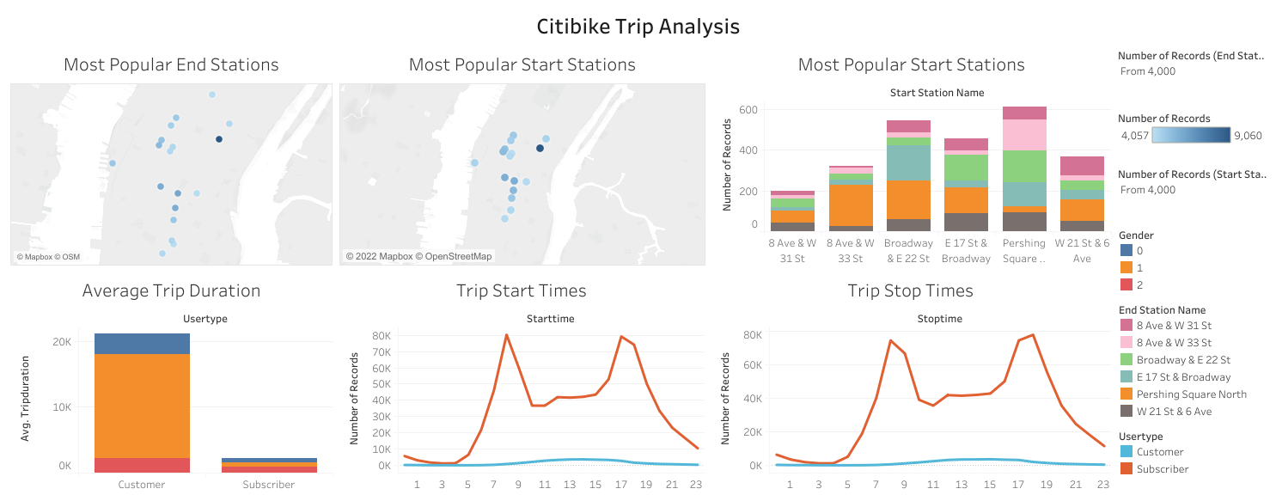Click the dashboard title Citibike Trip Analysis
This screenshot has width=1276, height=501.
(638, 27)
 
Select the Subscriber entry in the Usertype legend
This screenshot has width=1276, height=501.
(1163, 469)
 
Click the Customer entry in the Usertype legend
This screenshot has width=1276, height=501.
(1159, 452)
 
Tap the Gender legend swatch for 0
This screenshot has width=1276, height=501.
(1126, 251)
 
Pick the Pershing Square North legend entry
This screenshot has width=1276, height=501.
(1191, 394)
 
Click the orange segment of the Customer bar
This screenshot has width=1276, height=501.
(142, 406)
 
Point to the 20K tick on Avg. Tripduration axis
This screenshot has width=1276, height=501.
(62, 342)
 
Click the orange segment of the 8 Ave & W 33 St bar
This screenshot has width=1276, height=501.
(852, 205)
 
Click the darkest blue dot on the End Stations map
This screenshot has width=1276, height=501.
(219, 139)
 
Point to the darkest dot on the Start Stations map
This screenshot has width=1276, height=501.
(540, 148)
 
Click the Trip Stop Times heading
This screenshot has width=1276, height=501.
(910, 291)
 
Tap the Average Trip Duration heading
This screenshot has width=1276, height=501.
(171, 291)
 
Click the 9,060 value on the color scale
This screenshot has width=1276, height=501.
(1247, 135)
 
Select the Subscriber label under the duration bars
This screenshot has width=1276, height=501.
(269, 485)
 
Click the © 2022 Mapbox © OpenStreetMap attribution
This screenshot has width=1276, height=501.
(419, 256)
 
